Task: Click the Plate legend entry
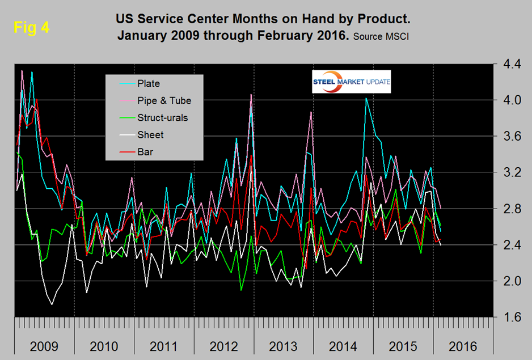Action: (x=148, y=83)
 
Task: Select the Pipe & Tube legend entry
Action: (x=163, y=100)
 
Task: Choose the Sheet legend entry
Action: (x=150, y=135)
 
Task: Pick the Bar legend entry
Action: (x=146, y=152)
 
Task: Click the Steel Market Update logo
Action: (x=351, y=82)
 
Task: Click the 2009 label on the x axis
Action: (x=44, y=346)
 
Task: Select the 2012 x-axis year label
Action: (x=223, y=346)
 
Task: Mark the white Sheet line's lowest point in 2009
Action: (x=52, y=305)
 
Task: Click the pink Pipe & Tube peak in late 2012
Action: (x=251, y=95)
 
